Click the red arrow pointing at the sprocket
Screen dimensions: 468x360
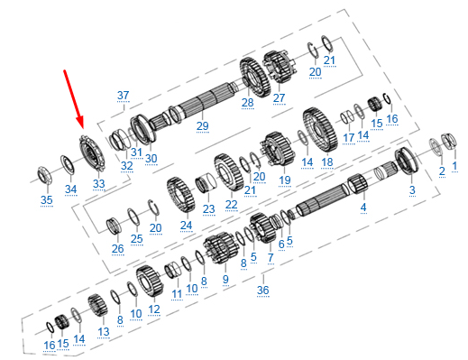click(73, 99)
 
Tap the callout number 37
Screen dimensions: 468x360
click(123, 96)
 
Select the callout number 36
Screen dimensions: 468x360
click(263, 290)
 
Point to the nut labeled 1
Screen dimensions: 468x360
click(449, 142)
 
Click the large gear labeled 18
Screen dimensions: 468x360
click(320, 129)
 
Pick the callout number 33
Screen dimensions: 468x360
click(99, 183)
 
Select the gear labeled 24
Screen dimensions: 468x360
click(180, 194)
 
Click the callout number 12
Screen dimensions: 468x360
click(154, 309)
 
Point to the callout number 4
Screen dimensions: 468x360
click(363, 207)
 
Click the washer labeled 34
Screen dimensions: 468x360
click(68, 165)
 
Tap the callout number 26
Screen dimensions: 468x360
click(117, 249)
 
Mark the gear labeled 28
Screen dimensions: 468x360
click(255, 77)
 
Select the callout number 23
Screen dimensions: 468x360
click(208, 208)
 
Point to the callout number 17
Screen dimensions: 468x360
click(349, 138)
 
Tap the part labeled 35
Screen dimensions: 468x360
click(44, 175)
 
